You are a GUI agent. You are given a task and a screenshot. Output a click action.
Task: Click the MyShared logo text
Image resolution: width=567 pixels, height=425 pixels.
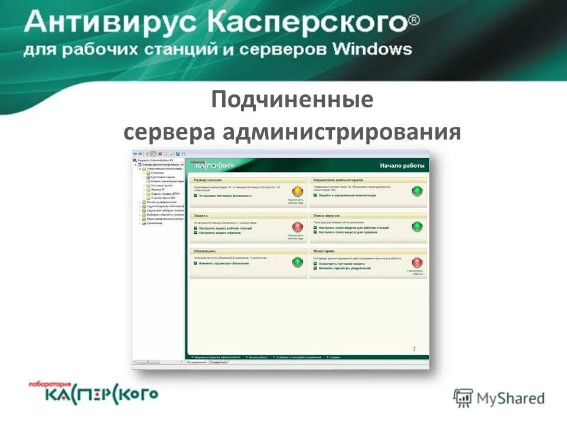(511, 398)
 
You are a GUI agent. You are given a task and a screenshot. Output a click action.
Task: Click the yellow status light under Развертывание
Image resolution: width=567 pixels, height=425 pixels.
(298, 191)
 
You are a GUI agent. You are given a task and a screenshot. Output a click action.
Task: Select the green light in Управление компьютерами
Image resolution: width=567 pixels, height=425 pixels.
(418, 191)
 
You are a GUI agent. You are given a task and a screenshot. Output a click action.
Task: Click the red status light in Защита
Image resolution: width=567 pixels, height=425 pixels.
(298, 226)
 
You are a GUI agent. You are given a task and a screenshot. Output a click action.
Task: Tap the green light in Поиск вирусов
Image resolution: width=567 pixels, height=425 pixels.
(418, 226)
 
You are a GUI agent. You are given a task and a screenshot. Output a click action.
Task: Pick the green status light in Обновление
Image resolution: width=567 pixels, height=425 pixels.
(298, 262)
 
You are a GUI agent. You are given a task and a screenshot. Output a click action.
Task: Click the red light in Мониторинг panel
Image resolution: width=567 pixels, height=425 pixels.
(418, 262)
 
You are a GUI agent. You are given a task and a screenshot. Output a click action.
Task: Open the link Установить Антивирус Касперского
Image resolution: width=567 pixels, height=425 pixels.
(225, 195)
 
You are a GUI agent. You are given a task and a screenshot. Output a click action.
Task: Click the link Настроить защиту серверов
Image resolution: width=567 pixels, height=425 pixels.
(220, 233)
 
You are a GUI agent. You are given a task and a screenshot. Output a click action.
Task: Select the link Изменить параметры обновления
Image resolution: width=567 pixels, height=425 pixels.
(224, 263)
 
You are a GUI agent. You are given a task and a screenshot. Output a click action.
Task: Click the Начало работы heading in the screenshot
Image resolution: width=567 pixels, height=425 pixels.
(402, 165)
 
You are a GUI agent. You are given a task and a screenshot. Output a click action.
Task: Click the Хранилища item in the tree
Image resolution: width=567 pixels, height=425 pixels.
(155, 223)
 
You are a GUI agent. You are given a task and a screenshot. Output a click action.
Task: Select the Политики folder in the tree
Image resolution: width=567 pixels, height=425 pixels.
(158, 172)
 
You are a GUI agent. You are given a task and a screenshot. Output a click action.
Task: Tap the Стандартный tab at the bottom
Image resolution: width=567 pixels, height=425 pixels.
(217, 362)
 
